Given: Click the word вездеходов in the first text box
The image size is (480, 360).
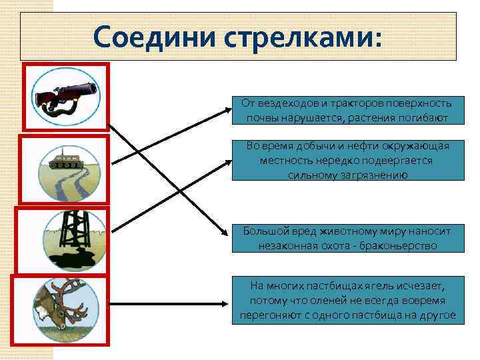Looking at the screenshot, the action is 286,103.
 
